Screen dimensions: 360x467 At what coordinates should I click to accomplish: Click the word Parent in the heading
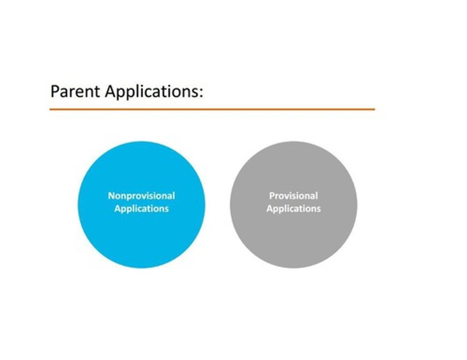coord(75,91)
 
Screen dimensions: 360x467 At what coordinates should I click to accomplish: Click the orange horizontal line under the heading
coord(212,110)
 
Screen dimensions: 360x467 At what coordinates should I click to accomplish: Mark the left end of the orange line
coord(50,110)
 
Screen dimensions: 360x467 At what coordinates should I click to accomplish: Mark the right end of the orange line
coord(374,110)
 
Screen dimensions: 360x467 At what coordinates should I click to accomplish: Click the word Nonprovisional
coord(141,196)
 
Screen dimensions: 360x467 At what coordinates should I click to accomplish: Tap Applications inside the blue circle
coord(141,209)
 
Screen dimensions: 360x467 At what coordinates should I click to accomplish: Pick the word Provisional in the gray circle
coord(293,196)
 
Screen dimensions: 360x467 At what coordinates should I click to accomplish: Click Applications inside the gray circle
coord(293,209)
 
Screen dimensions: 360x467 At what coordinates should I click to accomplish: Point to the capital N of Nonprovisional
coord(111,196)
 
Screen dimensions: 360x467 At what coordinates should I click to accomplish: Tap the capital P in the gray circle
coord(272,196)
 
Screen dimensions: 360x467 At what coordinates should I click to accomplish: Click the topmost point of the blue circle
coord(141,142)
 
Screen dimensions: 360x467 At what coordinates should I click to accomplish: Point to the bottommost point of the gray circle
coord(293,268)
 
